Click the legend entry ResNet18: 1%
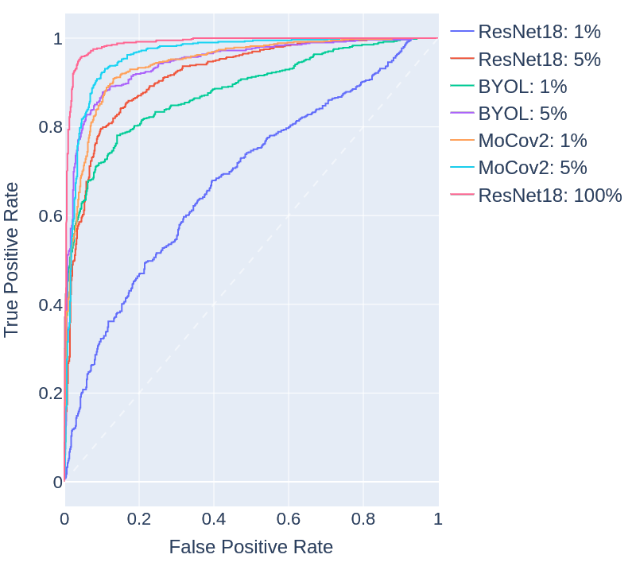tap(538, 33)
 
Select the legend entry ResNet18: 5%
tap(538, 60)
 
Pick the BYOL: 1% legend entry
tap(522, 87)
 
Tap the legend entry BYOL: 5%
tap(522, 114)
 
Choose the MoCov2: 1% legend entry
tap(532, 141)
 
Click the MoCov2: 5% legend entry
tap(532, 168)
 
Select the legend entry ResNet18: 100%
tap(549, 195)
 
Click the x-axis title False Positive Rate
tap(250, 547)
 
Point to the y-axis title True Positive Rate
tap(12, 258)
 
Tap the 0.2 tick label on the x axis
tap(139, 519)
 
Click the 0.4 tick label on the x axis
tap(214, 519)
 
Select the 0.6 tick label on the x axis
tap(289, 519)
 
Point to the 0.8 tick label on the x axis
tap(363, 519)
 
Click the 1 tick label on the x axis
tap(438, 519)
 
